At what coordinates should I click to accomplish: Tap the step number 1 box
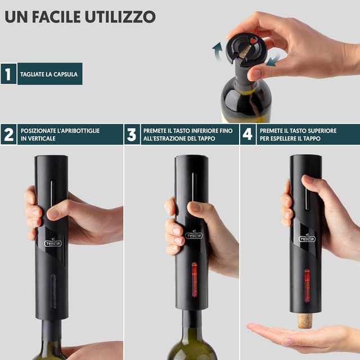click(8, 74)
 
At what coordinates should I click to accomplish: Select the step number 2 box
click(8, 134)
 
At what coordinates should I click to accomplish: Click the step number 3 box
click(132, 134)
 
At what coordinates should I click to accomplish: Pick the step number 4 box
click(248, 134)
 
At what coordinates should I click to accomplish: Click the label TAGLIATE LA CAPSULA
click(49, 74)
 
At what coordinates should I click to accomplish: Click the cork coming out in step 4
click(304, 321)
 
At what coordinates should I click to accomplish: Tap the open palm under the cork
click(298, 336)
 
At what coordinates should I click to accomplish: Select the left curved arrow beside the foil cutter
click(217, 51)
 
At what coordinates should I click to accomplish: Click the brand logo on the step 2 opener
click(52, 244)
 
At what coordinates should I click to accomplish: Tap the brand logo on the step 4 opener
click(307, 237)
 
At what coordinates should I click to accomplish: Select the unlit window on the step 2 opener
click(53, 291)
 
